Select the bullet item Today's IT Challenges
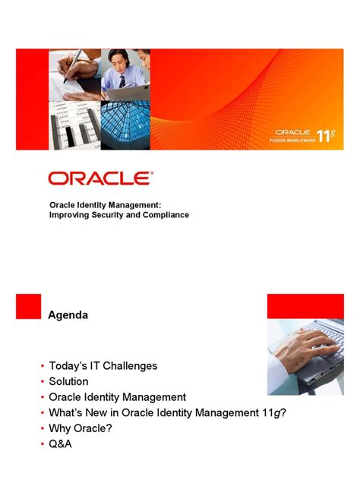click(x=103, y=365)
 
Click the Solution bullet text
click(x=69, y=381)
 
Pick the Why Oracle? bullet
click(x=83, y=428)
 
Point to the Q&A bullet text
click(x=61, y=444)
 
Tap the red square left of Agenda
click(x=28, y=306)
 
